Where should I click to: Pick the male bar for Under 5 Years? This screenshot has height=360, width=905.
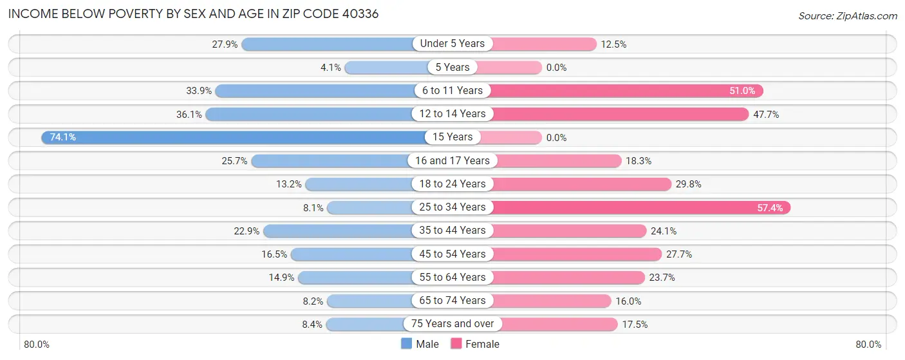[328, 44]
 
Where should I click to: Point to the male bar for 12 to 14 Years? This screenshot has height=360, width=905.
[309, 114]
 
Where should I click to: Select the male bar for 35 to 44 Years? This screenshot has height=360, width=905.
[338, 231]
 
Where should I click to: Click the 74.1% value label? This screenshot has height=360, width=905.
[63, 137]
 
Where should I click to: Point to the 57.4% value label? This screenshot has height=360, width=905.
[769, 207]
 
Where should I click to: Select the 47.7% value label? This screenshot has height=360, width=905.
[766, 114]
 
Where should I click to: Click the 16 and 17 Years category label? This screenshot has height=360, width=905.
[452, 161]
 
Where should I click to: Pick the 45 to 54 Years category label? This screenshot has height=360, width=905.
[452, 254]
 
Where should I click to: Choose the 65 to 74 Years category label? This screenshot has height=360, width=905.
[452, 301]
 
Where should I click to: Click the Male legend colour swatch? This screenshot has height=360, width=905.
[406, 344]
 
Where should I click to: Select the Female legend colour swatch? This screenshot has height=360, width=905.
[456, 344]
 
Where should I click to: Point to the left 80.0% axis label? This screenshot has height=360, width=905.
[37, 345]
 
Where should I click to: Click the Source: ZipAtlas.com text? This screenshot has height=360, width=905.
[848, 15]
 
